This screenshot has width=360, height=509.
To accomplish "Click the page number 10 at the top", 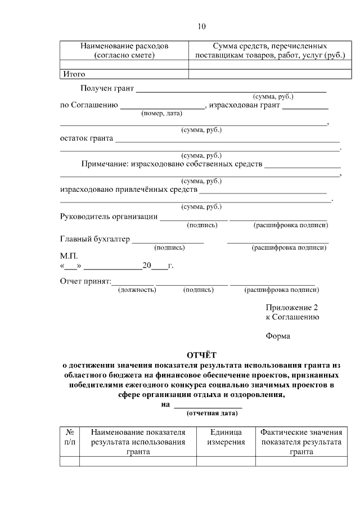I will [x=202, y=26].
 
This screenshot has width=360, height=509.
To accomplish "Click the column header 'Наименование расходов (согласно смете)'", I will [x=124, y=50].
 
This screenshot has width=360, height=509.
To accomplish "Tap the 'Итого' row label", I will [x=73, y=74].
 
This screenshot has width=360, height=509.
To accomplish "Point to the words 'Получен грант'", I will [x=107, y=88].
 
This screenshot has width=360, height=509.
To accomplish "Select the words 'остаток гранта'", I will [x=87, y=138].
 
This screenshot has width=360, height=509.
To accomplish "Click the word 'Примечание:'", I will [x=105, y=164].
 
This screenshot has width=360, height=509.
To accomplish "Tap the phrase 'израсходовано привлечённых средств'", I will [x=129, y=190].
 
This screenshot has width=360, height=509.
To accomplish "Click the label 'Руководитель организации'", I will [x=109, y=217].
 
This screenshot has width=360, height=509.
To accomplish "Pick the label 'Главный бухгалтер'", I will [x=94, y=239].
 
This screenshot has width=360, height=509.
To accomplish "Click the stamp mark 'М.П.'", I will [x=69, y=255].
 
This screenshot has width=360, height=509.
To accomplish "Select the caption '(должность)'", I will [x=137, y=290].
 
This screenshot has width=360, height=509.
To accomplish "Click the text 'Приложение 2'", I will [x=292, y=308].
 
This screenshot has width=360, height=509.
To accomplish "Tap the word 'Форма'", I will [x=278, y=336].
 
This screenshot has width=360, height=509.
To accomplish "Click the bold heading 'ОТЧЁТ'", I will [x=201, y=355].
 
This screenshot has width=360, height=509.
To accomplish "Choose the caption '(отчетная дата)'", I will [x=212, y=413].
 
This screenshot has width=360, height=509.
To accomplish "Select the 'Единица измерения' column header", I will [x=226, y=437].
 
